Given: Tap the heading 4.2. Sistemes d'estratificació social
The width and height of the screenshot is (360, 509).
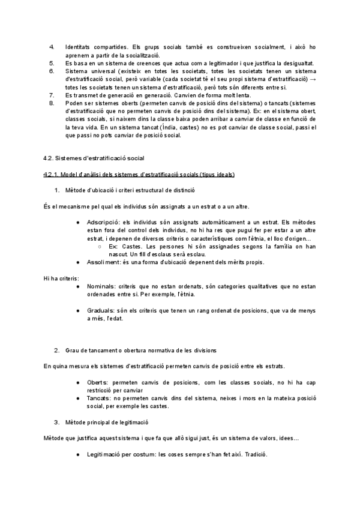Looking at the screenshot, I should (94, 158).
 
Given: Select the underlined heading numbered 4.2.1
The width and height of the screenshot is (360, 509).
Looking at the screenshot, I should (139, 174).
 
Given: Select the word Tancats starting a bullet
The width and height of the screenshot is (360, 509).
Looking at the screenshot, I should (98, 398).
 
